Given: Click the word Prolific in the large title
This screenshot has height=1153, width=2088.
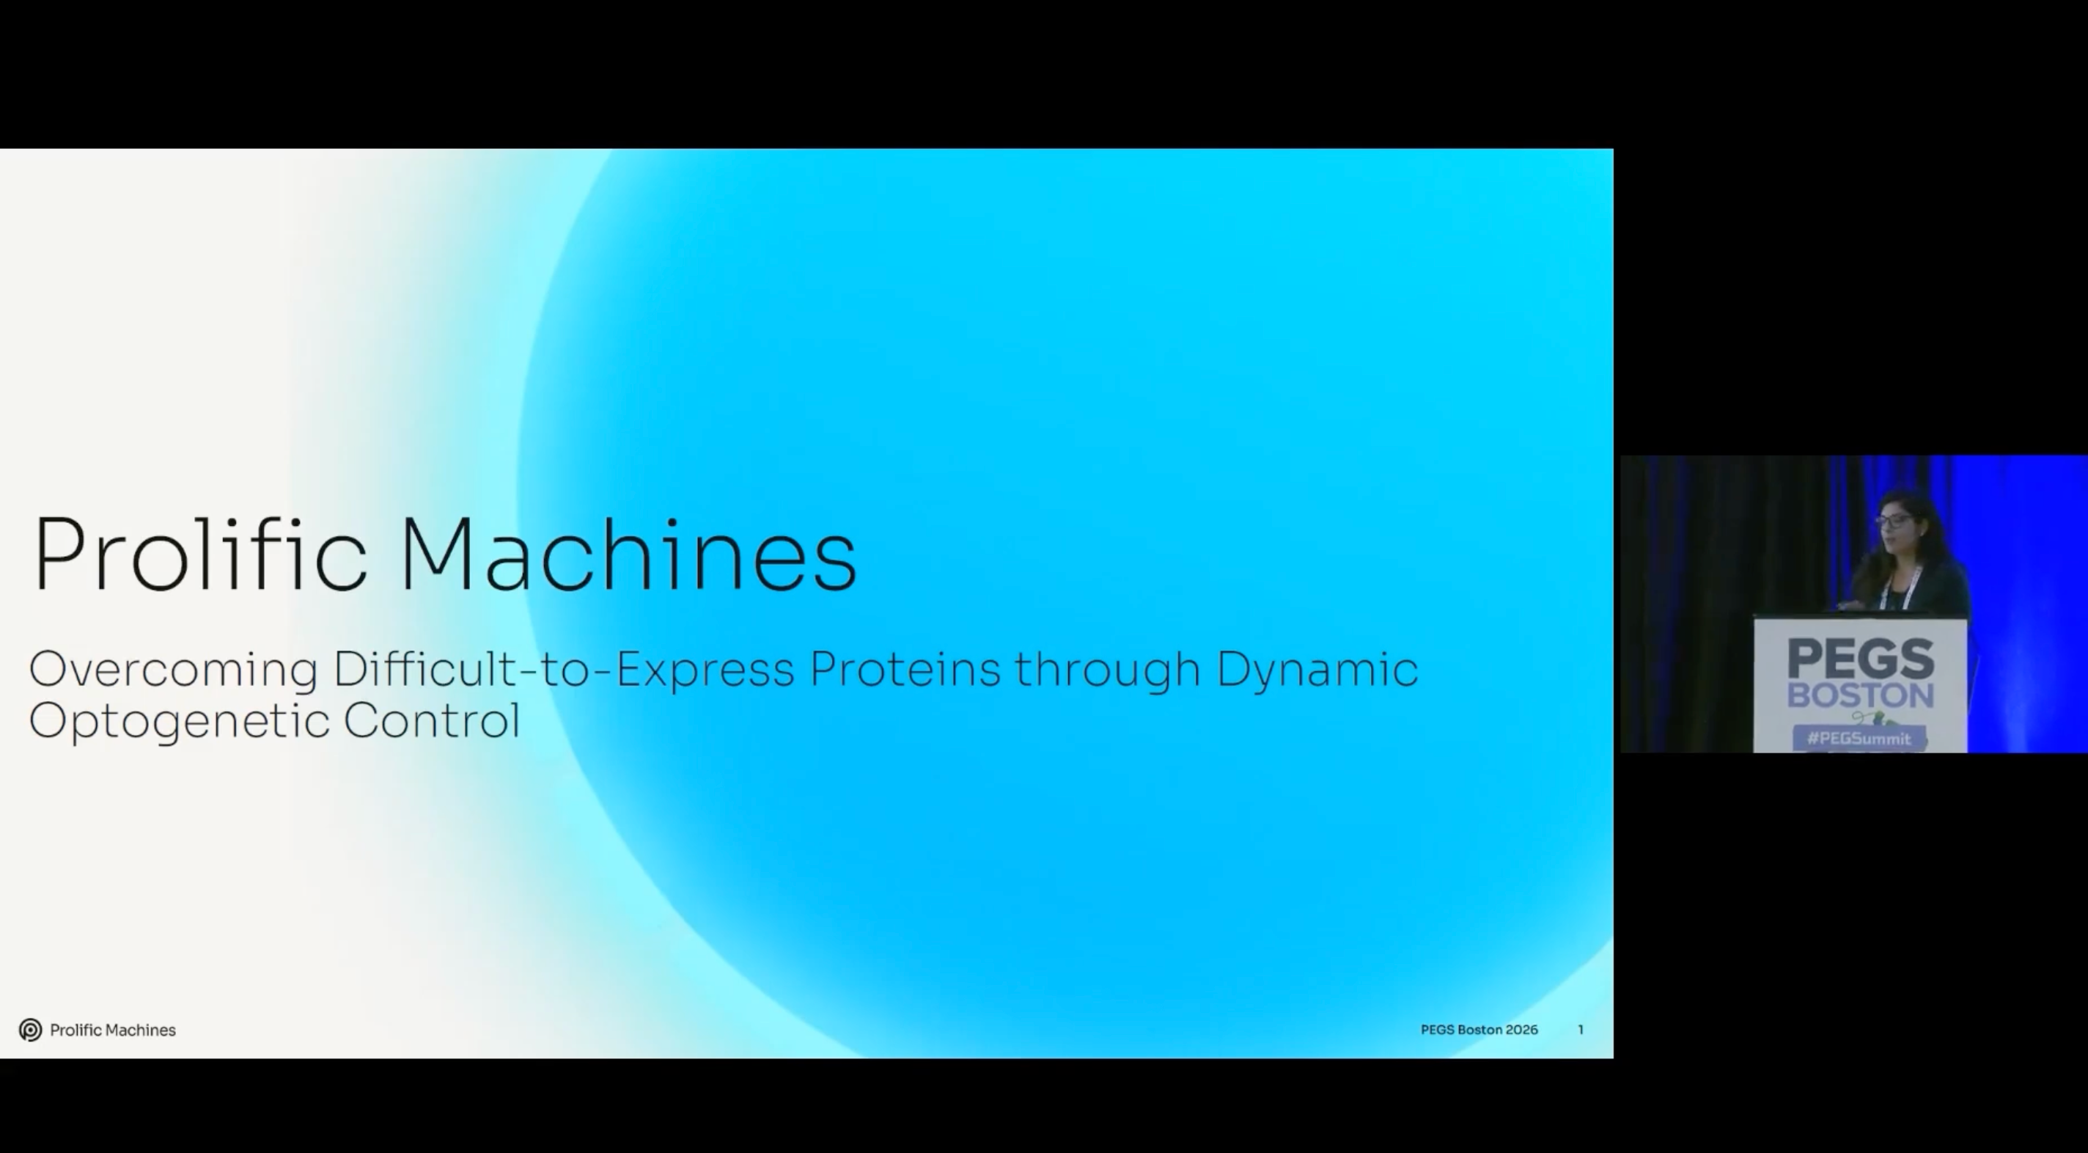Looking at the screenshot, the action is pos(199,553).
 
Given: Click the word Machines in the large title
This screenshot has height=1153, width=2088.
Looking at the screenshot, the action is pos(628,553).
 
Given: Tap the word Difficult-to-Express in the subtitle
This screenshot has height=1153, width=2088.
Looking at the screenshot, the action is pos(563,670).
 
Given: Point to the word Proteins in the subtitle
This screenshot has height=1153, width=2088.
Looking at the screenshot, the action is pos(905,670).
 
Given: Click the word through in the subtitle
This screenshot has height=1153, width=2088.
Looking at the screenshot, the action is pos(1108,670).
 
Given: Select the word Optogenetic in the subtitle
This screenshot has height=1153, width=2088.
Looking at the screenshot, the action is pos(179,721).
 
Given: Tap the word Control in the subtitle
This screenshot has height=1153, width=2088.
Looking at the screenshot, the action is pos(431,720).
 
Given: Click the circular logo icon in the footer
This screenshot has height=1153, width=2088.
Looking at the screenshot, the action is pos(31,1030).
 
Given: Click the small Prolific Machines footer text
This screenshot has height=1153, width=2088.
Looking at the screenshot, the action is pos(113,1030).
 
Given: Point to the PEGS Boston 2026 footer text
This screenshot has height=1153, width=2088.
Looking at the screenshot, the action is pos(1479,1030).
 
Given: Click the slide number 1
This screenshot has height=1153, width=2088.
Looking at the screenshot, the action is pos(1581,1030).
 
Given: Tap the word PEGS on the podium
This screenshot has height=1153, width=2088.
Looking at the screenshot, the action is pos(1861,658).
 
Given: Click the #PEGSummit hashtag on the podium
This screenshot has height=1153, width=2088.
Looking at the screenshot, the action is pos(1859,739).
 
